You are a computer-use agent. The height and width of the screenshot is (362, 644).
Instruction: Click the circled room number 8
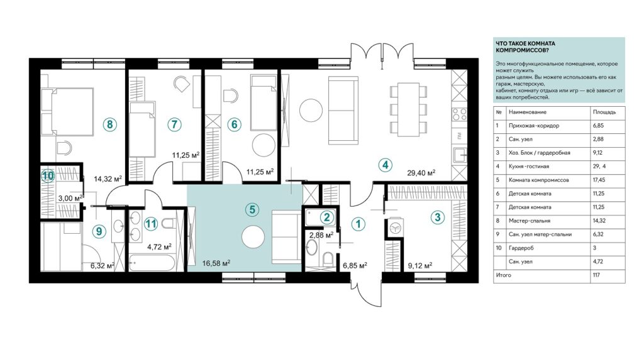point(110,124)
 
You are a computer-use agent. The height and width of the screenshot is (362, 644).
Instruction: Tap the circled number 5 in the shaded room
point(252,209)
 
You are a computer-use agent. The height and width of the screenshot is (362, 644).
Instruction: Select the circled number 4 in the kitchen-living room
point(385,165)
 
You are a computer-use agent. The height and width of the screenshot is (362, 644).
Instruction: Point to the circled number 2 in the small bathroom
point(326,217)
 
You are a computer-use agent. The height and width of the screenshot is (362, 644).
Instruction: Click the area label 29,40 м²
point(421,172)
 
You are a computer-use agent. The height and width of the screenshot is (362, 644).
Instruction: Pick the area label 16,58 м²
point(216,263)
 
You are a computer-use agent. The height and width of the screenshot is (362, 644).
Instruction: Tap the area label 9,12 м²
point(419,266)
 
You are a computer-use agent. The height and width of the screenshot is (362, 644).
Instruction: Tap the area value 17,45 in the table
point(599,180)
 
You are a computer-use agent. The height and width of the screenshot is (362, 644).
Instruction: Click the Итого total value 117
point(596,275)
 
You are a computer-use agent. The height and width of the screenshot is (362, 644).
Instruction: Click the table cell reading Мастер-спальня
point(530,221)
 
